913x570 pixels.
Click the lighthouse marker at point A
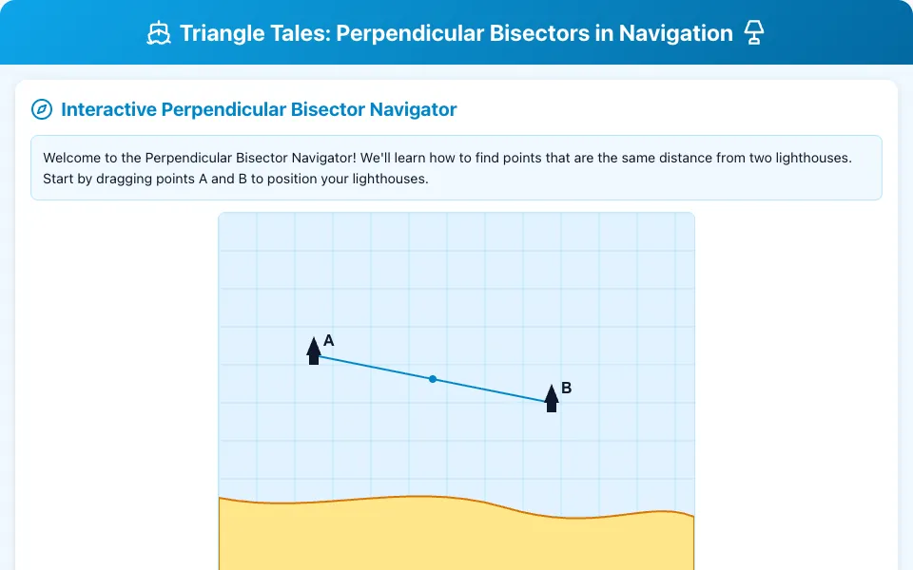pos(314,351)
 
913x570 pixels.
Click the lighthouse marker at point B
pos(552,398)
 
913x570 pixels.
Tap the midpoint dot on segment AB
pos(433,379)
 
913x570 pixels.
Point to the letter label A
pos(328,340)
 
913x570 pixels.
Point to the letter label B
pos(567,388)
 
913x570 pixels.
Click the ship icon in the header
pos(159,33)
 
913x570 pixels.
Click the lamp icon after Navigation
pos(754,33)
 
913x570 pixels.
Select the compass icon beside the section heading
pos(42,109)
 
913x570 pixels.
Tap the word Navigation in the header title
pos(675,34)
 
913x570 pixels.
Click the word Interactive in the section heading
pos(108,109)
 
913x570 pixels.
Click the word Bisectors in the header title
pos(539,34)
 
